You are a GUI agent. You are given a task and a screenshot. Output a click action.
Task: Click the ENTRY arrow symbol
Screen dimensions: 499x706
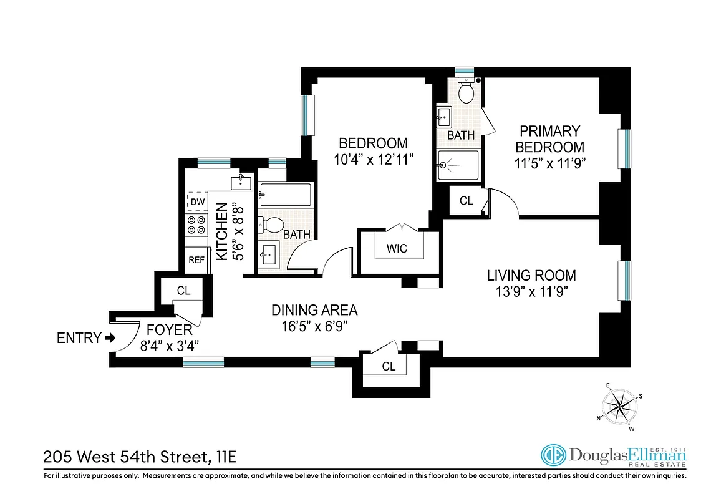pos(110,338)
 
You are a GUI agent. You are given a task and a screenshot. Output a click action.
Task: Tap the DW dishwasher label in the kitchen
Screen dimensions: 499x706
pos(197,201)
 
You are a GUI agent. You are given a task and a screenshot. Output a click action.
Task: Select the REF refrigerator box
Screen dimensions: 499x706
pos(196,259)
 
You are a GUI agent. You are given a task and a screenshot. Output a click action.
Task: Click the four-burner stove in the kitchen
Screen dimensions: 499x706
pos(197,225)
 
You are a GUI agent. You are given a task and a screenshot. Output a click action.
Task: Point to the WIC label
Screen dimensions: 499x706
pos(397,248)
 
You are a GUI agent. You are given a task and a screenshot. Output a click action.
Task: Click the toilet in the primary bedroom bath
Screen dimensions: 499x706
pos(466,92)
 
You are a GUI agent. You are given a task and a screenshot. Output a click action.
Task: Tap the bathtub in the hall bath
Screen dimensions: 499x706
pos(285,195)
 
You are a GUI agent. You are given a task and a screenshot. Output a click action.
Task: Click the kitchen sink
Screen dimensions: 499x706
pos(241,182)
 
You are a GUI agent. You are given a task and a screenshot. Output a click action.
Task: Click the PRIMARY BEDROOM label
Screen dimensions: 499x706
pos(549,139)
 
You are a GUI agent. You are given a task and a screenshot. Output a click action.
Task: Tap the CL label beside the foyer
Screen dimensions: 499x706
pos(183,291)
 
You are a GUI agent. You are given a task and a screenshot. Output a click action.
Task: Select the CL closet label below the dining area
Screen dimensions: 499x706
pos(389,367)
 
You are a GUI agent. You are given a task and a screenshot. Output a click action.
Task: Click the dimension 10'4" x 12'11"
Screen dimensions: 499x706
pos(374,160)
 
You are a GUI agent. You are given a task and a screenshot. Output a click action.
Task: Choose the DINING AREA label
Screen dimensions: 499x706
pos(314,310)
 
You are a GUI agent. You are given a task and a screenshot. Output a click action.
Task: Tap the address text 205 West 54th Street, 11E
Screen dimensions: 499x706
pos(140,458)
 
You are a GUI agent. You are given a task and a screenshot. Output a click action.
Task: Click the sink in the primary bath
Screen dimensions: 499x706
pos(445,115)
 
